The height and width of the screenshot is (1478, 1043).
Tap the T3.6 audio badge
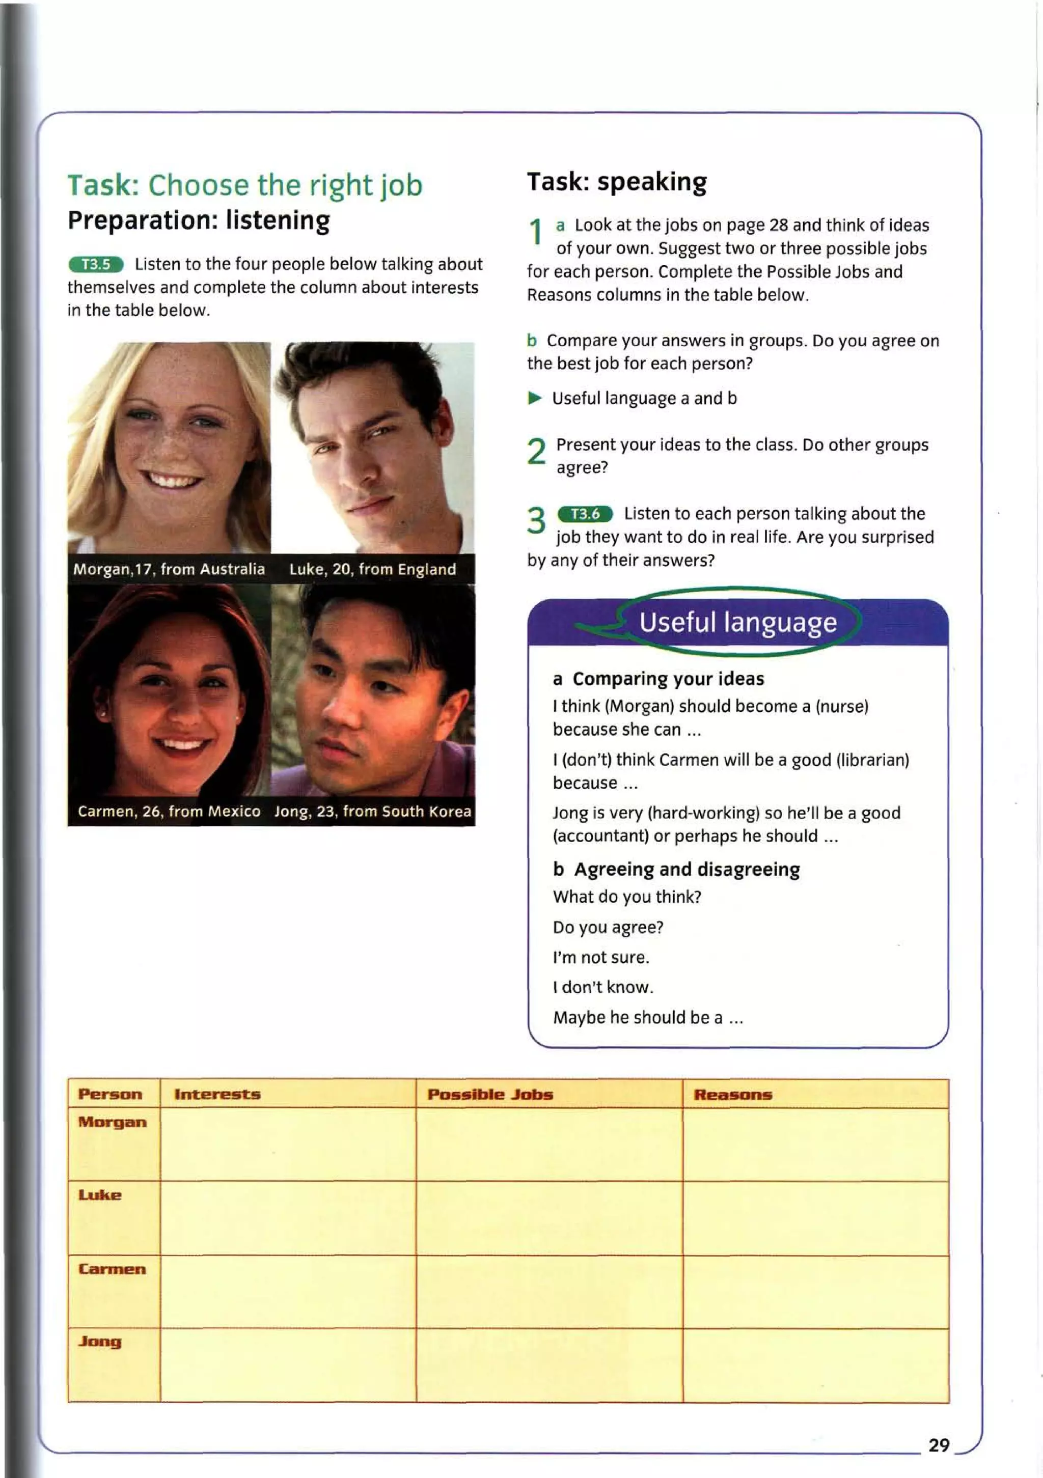coord(585,514)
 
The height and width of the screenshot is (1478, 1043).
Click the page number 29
coord(939,1445)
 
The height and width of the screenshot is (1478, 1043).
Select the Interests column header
coord(217,1094)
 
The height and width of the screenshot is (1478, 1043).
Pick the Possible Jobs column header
coord(490,1094)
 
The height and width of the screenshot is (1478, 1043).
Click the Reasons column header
coord(733,1094)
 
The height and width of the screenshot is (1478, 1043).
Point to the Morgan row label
coord(112,1122)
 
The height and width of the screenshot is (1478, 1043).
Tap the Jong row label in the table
coord(100,1342)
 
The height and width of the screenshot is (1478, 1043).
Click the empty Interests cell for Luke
coord(288,1217)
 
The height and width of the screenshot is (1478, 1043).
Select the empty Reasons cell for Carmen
coord(816,1291)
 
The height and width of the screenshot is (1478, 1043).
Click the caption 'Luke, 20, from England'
coord(372,569)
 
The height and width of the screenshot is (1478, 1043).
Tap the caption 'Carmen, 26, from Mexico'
coord(169,811)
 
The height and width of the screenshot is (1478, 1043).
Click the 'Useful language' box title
coord(738,622)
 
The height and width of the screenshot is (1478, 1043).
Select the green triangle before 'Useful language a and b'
coord(534,398)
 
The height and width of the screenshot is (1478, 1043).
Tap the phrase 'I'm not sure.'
coord(600,957)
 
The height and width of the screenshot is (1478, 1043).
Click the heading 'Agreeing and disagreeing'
coord(687,869)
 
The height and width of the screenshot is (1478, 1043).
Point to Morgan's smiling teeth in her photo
coord(171,480)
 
